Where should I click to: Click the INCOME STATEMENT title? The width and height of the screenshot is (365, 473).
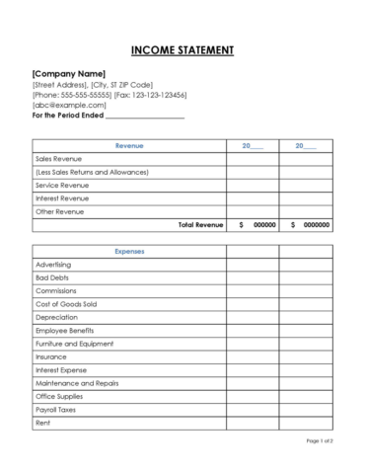tap(182, 50)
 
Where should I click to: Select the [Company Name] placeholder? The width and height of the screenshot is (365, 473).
tap(69, 74)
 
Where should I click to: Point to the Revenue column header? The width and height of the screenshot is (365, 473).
tap(128, 145)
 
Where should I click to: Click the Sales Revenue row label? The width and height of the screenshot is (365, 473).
tap(59, 158)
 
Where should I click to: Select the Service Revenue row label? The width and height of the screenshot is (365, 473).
tap(62, 185)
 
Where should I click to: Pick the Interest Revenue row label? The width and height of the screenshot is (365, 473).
tap(62, 198)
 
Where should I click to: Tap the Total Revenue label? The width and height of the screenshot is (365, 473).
tap(200, 225)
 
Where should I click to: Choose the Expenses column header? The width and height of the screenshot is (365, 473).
tap(128, 251)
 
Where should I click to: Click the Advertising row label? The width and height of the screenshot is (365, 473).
tap(53, 265)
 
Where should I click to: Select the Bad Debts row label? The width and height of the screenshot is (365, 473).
tap(51, 277)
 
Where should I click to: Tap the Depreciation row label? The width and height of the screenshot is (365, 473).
tap(55, 316)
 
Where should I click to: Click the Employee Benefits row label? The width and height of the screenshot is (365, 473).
tap(65, 330)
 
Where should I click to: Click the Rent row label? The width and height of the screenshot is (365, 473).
tap(42, 421)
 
